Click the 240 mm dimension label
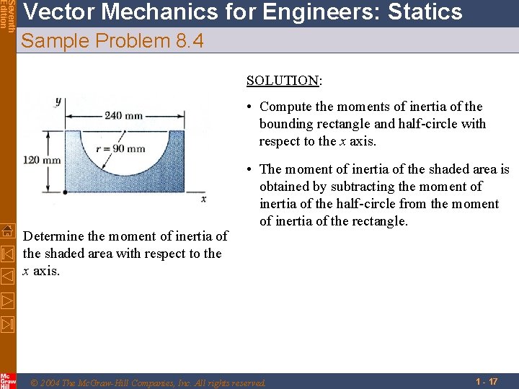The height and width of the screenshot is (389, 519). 123,115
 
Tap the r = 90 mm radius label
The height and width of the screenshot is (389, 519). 121,149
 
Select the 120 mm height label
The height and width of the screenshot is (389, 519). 42,160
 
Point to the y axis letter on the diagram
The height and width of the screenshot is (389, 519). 58,101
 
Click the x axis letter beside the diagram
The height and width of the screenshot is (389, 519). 204,198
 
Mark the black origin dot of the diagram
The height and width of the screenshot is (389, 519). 65,192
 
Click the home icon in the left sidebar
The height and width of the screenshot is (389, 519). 7,231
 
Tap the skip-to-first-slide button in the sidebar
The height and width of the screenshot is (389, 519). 7,253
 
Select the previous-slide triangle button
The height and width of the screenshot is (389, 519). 7,275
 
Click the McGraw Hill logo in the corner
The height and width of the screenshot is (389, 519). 7,380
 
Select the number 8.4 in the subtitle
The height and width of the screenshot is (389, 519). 190,42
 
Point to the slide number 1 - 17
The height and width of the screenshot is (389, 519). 487,381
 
